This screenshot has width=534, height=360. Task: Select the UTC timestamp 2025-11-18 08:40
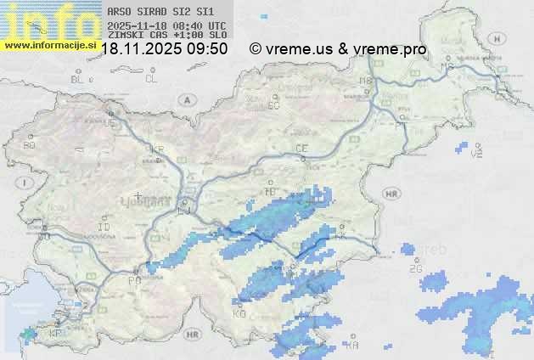166,26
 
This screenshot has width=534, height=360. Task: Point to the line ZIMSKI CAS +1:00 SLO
166,36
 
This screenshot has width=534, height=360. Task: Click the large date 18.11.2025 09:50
164,49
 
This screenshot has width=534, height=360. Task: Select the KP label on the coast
55,332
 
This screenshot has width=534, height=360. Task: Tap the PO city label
133,279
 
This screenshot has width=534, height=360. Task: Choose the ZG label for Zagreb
415,269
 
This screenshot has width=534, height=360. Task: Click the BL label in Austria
78,79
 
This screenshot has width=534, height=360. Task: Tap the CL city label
151,79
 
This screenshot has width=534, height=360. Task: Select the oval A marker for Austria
185,99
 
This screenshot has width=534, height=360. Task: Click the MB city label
366,81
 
